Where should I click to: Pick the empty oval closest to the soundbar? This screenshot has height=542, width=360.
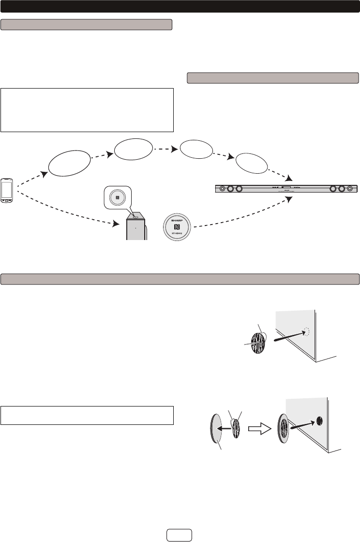coord(251,165)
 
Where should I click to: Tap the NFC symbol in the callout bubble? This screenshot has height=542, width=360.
coord(117,197)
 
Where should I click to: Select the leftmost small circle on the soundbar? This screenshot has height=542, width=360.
coord(222,188)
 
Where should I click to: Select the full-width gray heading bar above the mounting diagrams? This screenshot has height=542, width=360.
coord(180,279)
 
